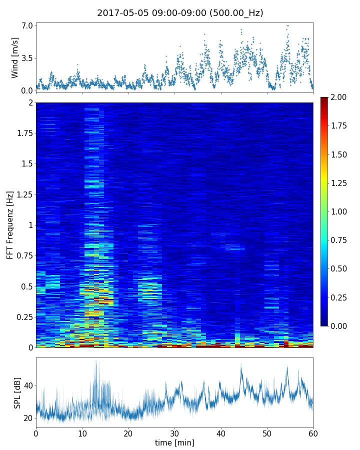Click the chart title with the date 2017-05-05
coord(180,13)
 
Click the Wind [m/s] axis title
coord(15,57)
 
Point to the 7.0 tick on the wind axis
coord(27,25)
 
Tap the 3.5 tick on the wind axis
coord(27,58)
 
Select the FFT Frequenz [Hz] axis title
coord(10,225)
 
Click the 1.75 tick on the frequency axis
coord(23,133)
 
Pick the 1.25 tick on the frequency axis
coord(23,194)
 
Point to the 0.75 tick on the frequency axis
coord(23,256)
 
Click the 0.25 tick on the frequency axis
coord(23,317)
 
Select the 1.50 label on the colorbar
coord(340,154)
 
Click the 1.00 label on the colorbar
coord(340,211)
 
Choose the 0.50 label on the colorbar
coord(340,268)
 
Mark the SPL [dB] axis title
coord(17,392)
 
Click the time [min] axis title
coord(174,442)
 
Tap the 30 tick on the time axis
coord(174,432)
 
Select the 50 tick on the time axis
coord(267,432)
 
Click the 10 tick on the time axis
coord(82,432)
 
